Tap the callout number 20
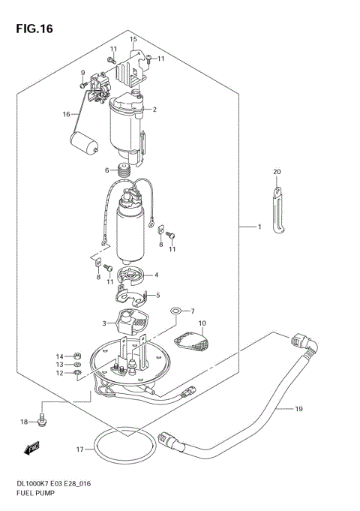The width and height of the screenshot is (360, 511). pyautogui.click(x=277, y=172)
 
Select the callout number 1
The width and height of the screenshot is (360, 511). pyautogui.click(x=259, y=226)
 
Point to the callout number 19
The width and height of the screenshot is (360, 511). pyautogui.click(x=298, y=410)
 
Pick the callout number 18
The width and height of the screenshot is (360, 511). pyautogui.click(x=23, y=422)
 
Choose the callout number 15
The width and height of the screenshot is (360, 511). pyautogui.click(x=133, y=39)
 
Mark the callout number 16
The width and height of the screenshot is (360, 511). pyautogui.click(x=66, y=114)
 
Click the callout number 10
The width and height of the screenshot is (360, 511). pyautogui.click(x=202, y=323)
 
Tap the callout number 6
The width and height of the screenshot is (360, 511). pyautogui.click(x=107, y=170)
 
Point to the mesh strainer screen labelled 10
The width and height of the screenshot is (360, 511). pyautogui.click(x=193, y=341)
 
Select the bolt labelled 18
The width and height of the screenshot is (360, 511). pyautogui.click(x=43, y=422)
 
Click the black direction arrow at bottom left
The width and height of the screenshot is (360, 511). pyautogui.click(x=31, y=449)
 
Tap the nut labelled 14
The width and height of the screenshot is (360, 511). pyautogui.click(x=77, y=356)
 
